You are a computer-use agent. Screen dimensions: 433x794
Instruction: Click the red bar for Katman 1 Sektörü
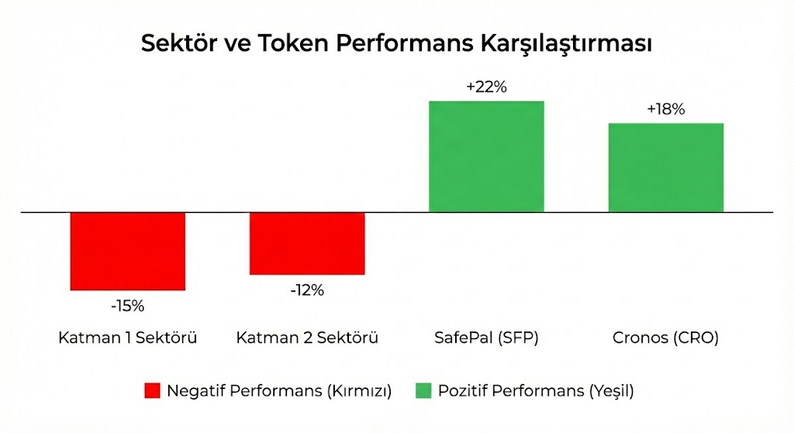[128, 251]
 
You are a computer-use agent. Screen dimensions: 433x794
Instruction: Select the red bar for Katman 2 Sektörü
[307, 243]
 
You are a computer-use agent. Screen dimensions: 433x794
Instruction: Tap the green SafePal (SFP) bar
[486, 156]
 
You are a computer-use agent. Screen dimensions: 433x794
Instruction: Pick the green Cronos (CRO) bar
[665, 167]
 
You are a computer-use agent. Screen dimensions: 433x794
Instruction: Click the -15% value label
[128, 306]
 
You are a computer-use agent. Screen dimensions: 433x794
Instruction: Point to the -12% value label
[307, 290]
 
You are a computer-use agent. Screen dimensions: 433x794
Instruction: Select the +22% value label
[486, 88]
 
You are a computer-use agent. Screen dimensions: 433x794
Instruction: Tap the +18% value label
[665, 110]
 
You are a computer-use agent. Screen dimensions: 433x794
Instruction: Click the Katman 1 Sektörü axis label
[128, 338]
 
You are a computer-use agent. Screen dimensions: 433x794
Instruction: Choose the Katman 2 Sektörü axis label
[307, 338]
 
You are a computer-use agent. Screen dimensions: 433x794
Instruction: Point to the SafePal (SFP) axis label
[486, 338]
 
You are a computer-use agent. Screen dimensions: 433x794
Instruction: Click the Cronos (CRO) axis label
[665, 338]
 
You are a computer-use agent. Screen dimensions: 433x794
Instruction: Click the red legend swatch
[152, 391]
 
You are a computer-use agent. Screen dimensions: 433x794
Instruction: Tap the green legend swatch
[423, 391]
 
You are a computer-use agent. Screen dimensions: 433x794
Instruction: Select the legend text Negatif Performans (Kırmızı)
[279, 391]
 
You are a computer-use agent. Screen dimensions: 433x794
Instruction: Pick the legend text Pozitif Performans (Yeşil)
[536, 391]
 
